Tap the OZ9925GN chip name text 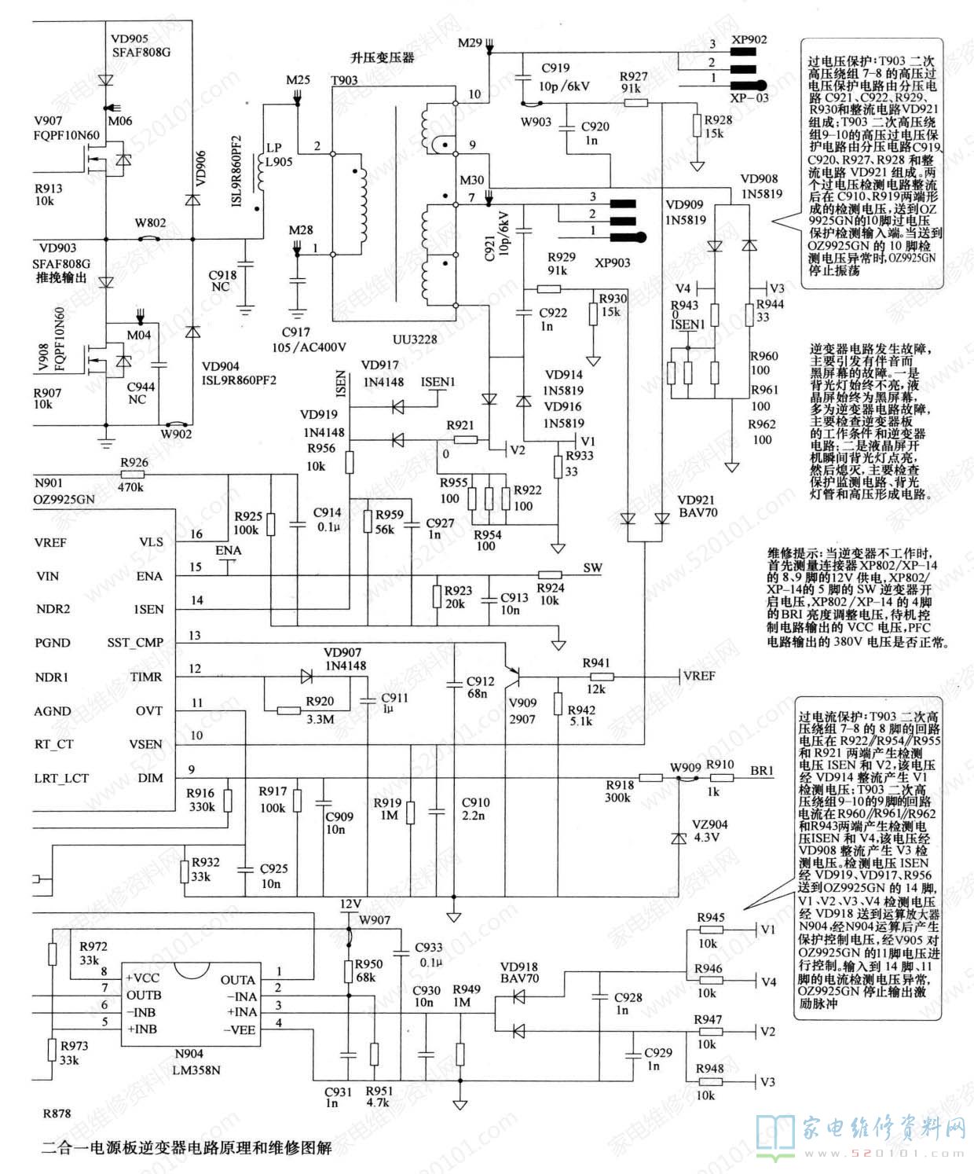tap(64, 498)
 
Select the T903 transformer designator tap(344, 81)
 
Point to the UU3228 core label tap(415, 339)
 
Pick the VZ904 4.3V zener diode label tap(709, 831)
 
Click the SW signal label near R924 tap(592, 567)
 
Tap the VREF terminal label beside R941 tap(699, 675)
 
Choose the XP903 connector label tap(612, 262)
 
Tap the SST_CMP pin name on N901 tap(135, 642)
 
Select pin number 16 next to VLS tap(196, 534)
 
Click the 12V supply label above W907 tap(350, 903)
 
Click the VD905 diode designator tap(130, 38)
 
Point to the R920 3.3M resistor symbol tap(288, 710)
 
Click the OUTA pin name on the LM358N tap(237, 980)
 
